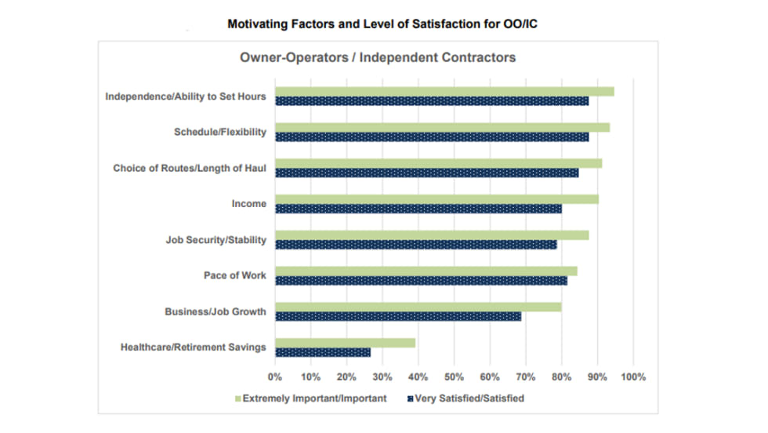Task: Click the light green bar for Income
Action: point(437,199)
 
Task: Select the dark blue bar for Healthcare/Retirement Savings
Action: point(323,353)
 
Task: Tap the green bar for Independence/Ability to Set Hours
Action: point(444,92)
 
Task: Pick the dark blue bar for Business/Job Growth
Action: point(398,317)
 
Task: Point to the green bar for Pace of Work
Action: point(426,271)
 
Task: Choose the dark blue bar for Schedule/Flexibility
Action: point(432,136)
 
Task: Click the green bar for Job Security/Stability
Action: point(432,235)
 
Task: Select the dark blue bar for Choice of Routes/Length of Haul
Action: point(427,173)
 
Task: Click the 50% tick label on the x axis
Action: point(455,377)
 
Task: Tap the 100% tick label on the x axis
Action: point(633,377)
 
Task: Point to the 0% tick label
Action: point(275,377)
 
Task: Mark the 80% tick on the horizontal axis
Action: point(562,377)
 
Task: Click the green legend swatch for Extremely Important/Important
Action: point(237,398)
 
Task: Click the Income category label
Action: point(248,204)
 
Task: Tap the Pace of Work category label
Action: point(234,276)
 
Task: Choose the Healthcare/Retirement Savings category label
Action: point(193,347)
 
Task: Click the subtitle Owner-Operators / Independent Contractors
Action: point(377,58)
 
